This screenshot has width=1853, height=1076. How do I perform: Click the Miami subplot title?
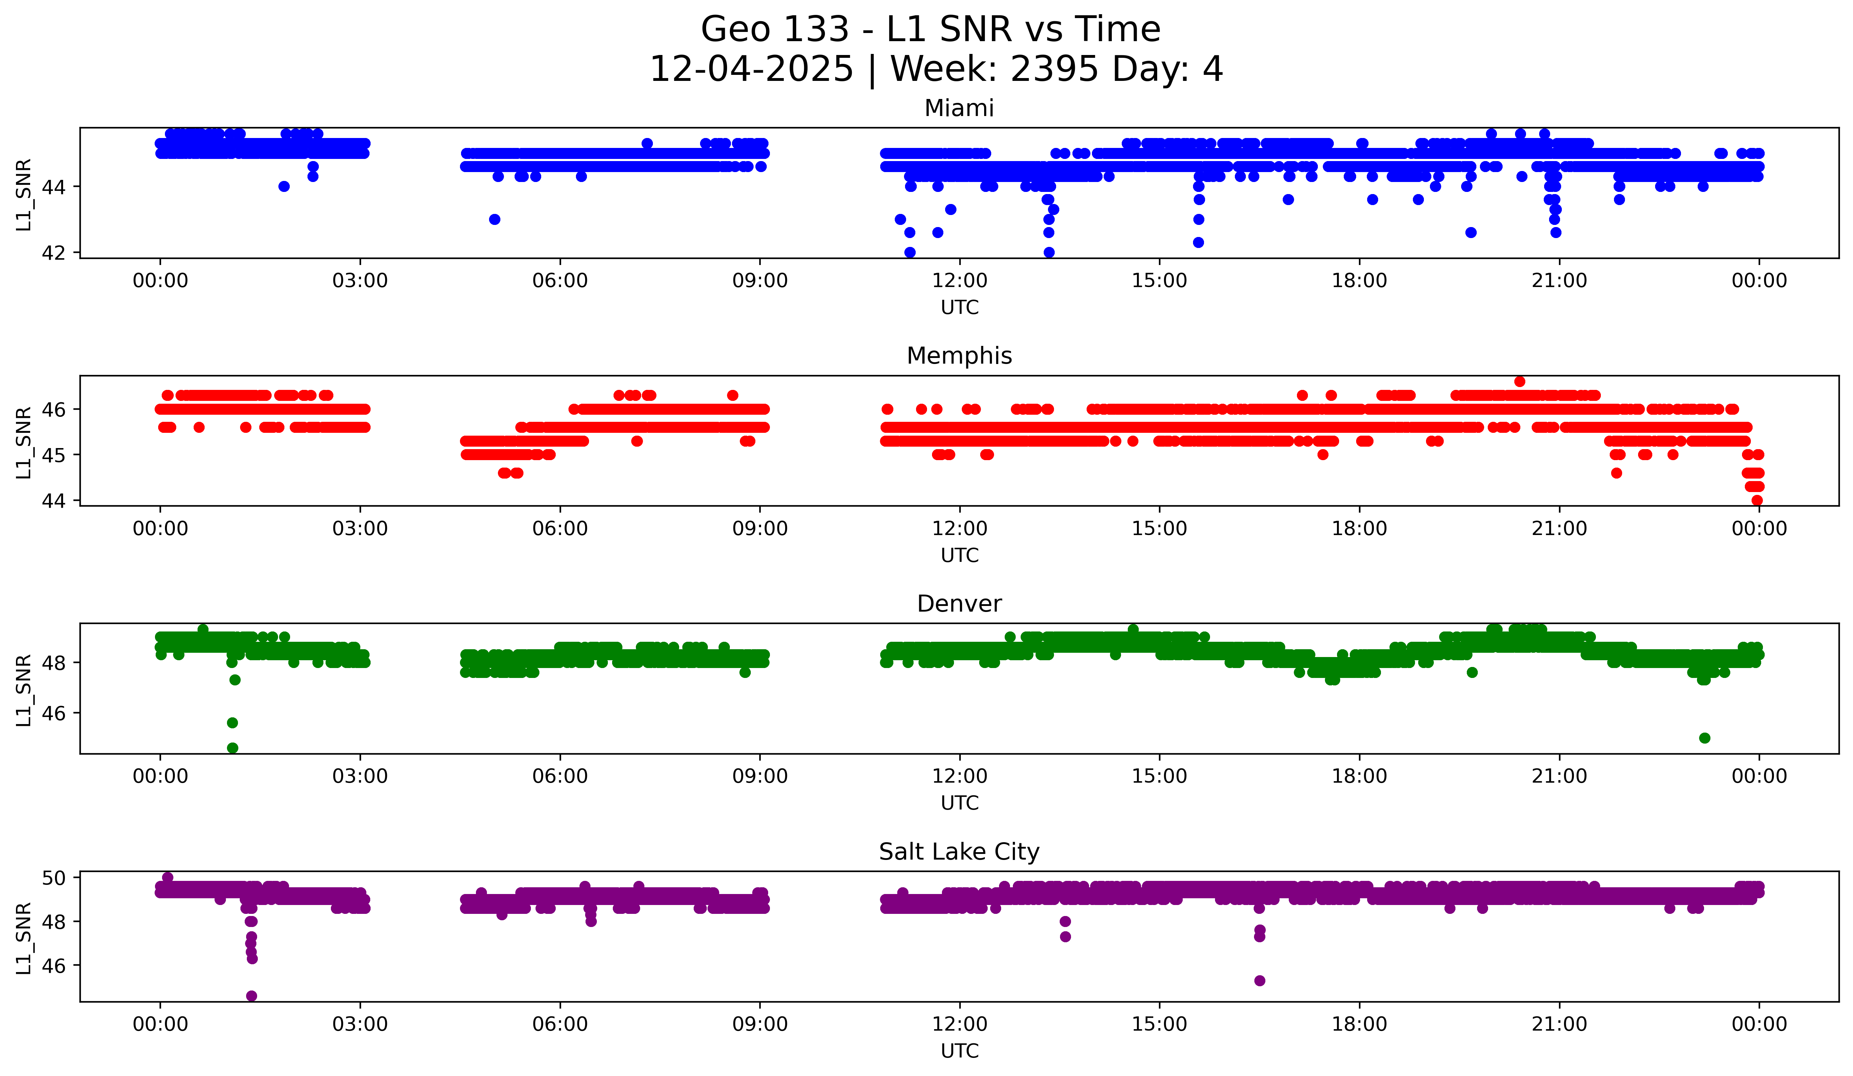point(959,108)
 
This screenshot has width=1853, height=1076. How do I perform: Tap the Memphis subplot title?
point(959,356)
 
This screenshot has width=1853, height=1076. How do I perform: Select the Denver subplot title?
point(959,604)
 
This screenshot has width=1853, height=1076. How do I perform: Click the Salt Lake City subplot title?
point(959,852)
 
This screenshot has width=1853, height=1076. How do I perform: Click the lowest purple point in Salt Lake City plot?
point(251,996)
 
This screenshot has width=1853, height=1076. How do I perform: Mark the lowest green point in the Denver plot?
point(232,748)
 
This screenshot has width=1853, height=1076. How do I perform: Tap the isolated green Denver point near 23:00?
point(1704,738)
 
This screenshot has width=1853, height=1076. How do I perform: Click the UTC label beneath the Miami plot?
point(959,308)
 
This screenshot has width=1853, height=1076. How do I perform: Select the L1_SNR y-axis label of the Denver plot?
point(23,690)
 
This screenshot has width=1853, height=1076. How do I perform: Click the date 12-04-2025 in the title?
point(751,69)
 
